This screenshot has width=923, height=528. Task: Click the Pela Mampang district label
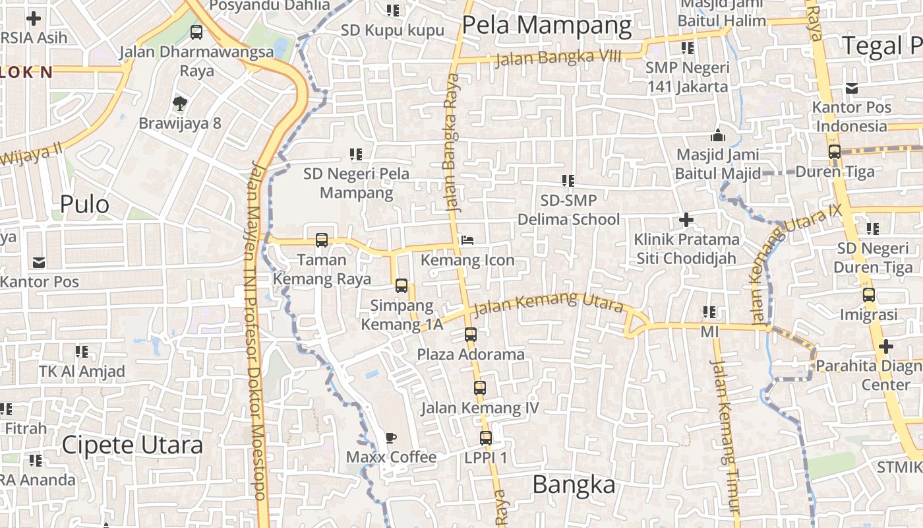coord(547,26)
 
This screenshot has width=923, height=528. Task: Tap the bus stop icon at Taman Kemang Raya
coord(322,240)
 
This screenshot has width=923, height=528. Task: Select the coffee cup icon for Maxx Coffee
coord(391,438)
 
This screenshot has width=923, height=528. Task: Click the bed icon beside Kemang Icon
coord(467,240)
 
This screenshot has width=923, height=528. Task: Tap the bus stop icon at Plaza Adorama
coord(470,334)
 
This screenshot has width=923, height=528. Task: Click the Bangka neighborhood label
coord(574,485)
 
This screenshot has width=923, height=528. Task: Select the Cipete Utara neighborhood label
coord(132,445)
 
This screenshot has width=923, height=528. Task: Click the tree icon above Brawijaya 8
coord(179,103)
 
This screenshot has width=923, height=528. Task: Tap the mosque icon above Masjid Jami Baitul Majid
coord(717,135)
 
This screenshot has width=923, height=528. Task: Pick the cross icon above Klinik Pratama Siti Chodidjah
coord(686,219)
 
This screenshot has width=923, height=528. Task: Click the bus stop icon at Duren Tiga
coord(835,152)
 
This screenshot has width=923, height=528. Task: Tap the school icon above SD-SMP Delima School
coord(568,180)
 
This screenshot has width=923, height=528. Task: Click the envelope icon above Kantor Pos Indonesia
coord(852,88)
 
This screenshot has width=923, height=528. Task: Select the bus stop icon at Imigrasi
coord(869,295)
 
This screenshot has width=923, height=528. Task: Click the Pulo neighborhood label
coord(84,205)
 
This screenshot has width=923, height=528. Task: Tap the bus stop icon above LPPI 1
coord(486,438)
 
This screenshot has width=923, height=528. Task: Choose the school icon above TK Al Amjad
coord(82,352)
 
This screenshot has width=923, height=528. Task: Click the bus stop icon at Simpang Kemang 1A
coord(401,286)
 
